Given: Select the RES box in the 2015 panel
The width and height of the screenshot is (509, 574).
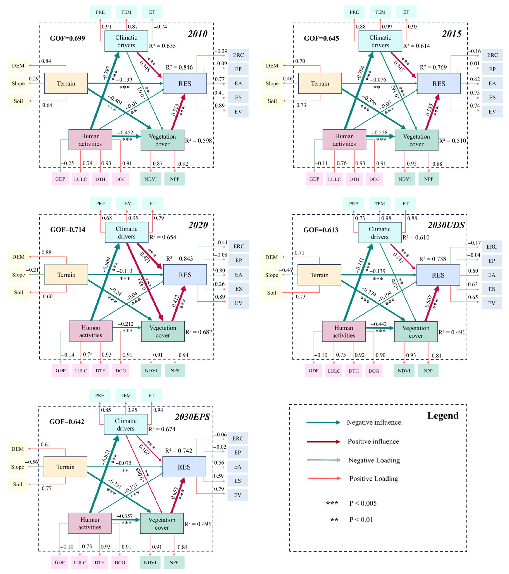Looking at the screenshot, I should coord(439,83).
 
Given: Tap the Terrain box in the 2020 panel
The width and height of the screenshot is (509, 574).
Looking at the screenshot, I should coord(66,275).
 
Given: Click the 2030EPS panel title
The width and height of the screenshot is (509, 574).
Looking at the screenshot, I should coord(192,417).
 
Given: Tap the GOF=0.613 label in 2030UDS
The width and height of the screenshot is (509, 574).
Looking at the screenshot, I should coord(321,230).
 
